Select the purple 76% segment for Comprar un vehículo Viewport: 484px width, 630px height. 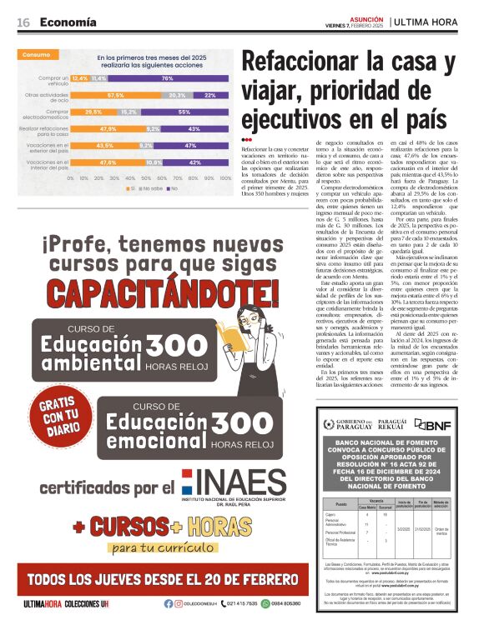(167, 77)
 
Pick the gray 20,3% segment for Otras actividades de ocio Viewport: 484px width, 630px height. (177, 95)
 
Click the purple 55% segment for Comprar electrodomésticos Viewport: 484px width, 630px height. (184, 112)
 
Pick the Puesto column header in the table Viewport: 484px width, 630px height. (340, 504)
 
